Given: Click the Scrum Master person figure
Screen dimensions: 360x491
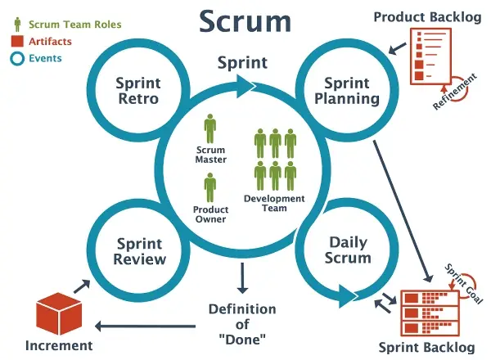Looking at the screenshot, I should tap(211, 129).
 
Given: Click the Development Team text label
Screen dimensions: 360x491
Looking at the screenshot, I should tap(274, 203).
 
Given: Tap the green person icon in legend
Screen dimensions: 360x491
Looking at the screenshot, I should tap(17, 24).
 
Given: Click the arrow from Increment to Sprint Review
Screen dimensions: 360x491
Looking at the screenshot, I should tap(82, 285).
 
